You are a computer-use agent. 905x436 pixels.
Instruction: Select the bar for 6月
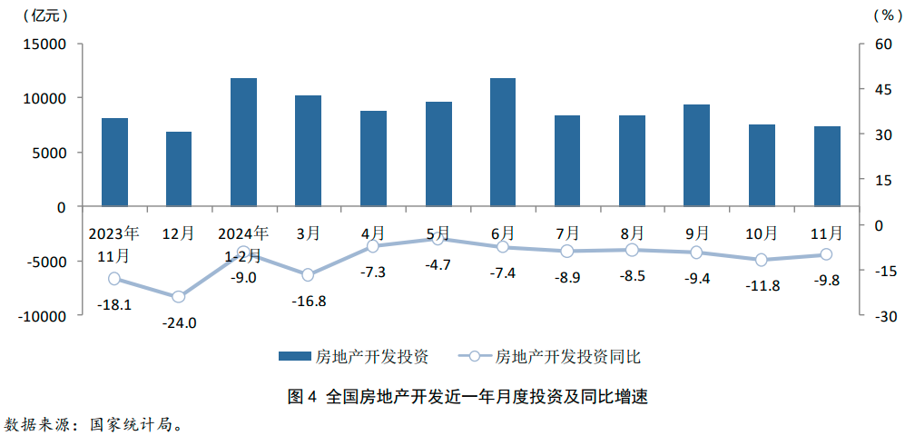[503, 143]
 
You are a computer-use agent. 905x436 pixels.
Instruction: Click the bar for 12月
[179, 169]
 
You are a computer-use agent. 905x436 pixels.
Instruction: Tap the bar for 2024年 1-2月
[243, 143]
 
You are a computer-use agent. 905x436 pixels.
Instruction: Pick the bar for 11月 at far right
[827, 166]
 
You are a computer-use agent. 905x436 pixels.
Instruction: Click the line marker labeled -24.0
[179, 296]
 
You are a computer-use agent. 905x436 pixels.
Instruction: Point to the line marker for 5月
[438, 239]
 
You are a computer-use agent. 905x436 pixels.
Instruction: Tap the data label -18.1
[114, 304]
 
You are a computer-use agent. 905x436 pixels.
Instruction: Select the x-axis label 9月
[697, 233]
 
